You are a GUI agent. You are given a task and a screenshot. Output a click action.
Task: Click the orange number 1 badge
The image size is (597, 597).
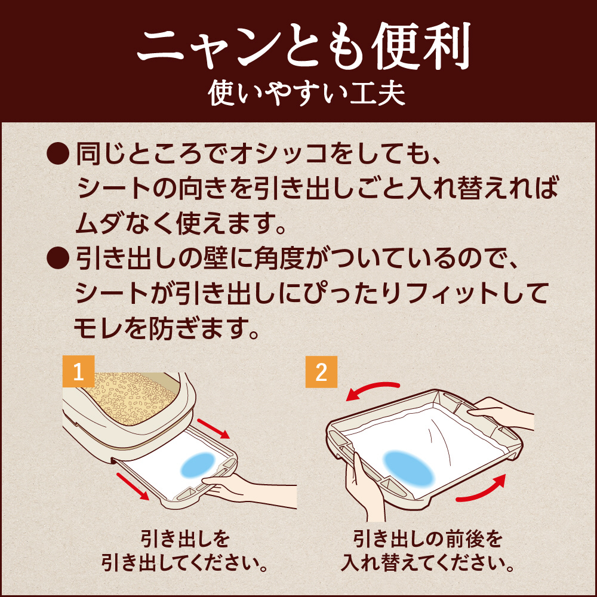pyautogui.click(x=78, y=371)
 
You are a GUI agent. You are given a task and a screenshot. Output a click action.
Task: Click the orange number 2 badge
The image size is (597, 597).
pyautogui.click(x=321, y=371)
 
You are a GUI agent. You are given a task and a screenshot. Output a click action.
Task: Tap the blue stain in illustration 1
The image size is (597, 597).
pyautogui.click(x=198, y=465)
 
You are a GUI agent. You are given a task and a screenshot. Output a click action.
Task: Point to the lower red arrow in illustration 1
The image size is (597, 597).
pyautogui.click(x=133, y=486)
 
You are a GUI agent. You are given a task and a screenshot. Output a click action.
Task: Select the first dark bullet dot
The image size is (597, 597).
pyautogui.click(x=58, y=153)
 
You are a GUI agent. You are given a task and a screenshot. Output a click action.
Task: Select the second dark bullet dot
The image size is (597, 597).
pyautogui.click(x=58, y=258)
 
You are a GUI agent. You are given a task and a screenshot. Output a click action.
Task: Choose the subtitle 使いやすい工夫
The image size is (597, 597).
pyautogui.click(x=306, y=93)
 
